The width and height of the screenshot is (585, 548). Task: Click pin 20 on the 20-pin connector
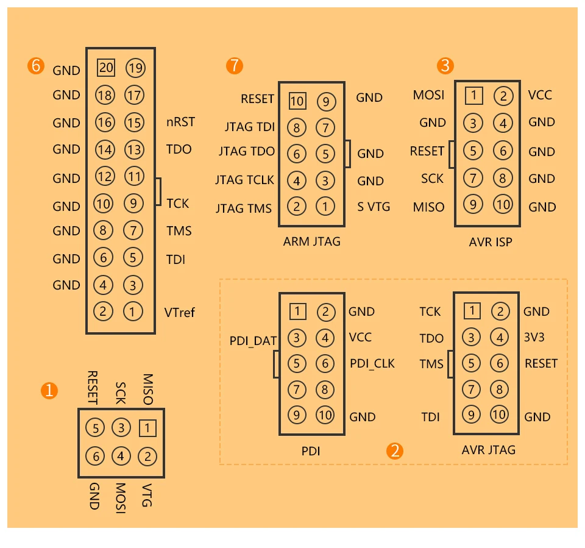tap(106, 68)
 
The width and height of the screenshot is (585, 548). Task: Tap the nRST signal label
tap(180, 122)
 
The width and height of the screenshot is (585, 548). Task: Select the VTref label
tap(180, 313)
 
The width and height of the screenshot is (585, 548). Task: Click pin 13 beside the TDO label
tap(134, 149)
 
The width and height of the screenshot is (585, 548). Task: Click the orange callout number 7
tap(234, 66)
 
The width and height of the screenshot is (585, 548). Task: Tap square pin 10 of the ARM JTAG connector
tap(297, 100)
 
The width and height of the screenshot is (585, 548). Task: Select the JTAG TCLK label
tap(244, 180)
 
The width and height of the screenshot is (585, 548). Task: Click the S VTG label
tap(374, 207)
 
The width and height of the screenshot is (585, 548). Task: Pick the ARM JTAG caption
tap(312, 241)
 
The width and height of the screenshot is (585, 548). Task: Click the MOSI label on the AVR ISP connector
tap(428, 95)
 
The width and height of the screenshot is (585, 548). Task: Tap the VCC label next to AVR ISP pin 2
tap(541, 95)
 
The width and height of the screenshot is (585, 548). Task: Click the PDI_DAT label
tap(253, 341)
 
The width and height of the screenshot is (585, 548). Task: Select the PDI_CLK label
tap(372, 363)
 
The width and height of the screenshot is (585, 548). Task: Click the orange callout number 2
tap(395, 451)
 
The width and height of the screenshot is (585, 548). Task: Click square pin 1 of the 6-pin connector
tap(147, 429)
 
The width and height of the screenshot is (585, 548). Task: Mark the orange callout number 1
tap(49, 390)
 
